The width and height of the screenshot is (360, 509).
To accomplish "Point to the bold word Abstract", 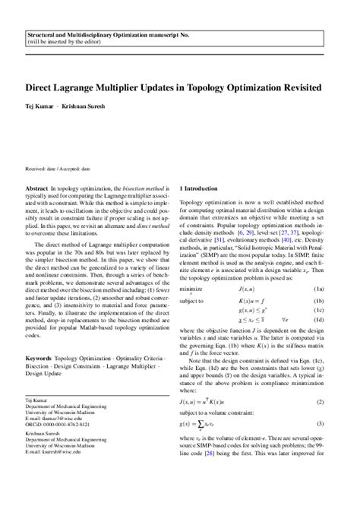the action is tap(38, 188).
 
